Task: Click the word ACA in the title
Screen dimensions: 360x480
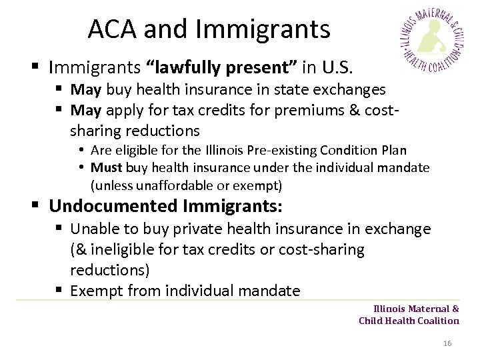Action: tap(113, 29)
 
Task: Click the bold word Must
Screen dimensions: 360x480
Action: tap(105, 167)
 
